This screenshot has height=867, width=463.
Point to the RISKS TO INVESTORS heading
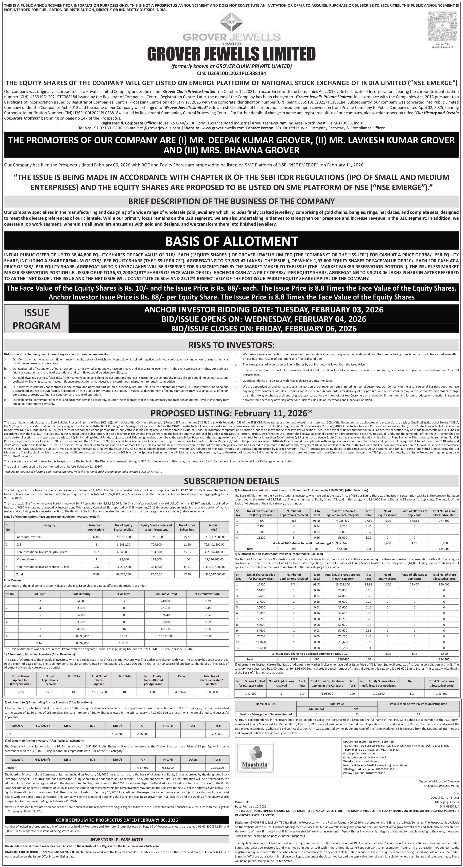tap(231, 345)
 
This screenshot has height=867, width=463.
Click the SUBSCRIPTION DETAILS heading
tap(231, 481)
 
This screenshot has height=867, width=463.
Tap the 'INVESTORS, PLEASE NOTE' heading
tap(117, 839)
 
